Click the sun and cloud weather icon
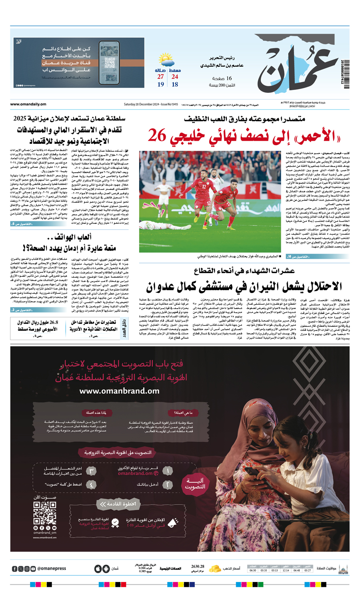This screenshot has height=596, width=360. tap(166, 60)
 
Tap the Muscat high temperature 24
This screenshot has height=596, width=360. tap(175, 76)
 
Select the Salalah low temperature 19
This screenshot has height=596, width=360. tap(160, 84)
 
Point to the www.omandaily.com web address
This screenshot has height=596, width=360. tap(28, 104)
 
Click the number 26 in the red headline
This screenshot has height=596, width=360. tap(156, 136)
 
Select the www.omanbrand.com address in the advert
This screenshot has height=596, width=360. tap(119, 391)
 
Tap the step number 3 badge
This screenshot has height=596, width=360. tap(92, 471)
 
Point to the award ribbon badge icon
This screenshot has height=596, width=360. tap(115, 522)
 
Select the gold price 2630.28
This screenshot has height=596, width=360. tap(198, 566)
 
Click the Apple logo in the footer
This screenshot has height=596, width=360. tap(98, 568)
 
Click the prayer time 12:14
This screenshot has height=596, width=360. tap(286, 570)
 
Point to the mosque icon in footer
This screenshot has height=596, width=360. tap(343, 568)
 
